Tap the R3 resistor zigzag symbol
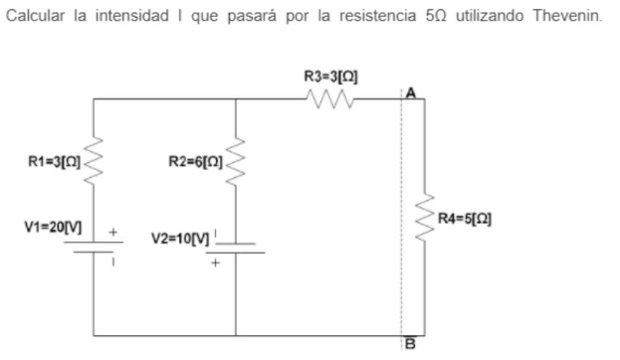[327, 99]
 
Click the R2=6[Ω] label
[193, 158]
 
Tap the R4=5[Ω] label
[473, 216]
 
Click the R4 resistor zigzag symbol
[425, 216]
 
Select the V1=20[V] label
[47, 228]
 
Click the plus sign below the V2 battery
[212, 265]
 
